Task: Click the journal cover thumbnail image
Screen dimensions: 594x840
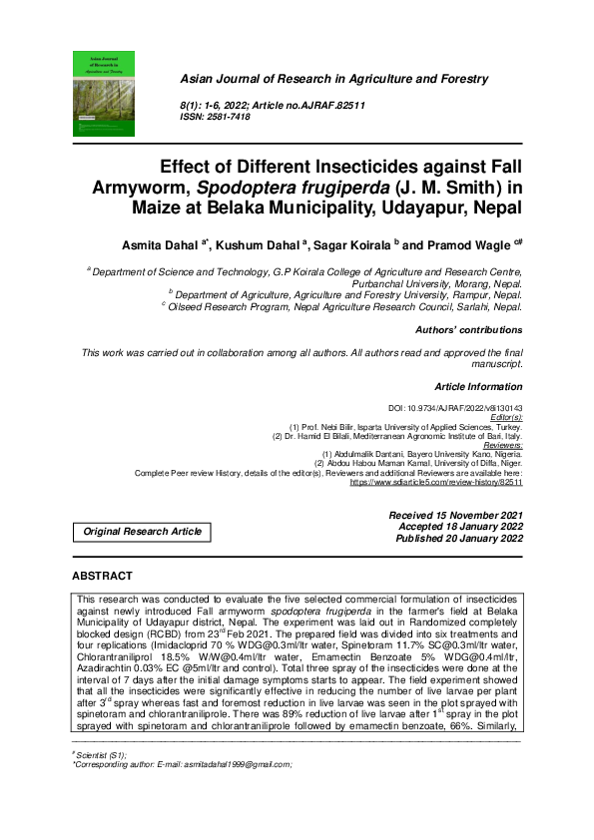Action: tap(106, 92)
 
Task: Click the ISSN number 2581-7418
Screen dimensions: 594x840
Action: tap(230, 117)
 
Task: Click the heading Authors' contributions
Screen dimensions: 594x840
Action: tap(468, 330)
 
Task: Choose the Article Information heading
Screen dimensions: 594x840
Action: tap(479, 385)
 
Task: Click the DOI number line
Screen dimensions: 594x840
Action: tap(455, 410)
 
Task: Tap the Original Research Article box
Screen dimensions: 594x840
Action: tap(143, 532)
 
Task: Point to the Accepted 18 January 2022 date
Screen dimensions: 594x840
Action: tap(460, 527)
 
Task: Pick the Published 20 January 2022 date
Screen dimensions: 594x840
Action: tap(459, 539)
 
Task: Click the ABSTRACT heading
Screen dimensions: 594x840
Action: tap(102, 577)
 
